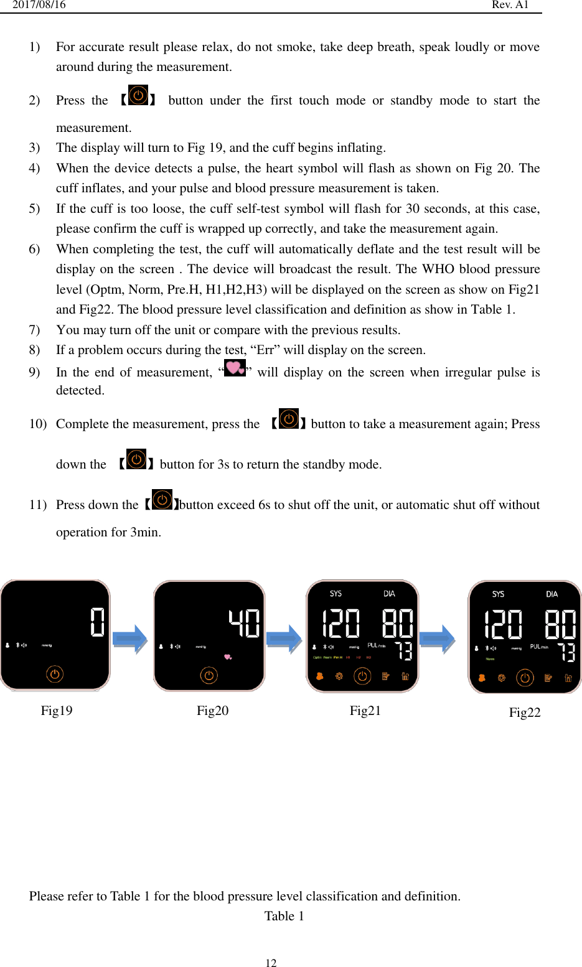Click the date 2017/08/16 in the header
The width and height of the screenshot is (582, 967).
39,5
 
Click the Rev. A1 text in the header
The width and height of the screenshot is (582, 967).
510,5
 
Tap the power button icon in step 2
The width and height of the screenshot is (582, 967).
138,96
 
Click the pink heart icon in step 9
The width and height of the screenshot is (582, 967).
235,368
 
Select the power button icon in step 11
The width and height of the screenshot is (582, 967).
162,500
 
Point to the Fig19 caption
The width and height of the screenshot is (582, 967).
57,711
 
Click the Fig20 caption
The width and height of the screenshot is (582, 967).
212,711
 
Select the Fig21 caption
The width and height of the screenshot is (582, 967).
365,711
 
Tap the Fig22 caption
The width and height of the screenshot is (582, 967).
524,712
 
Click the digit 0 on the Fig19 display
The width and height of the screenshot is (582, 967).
97,622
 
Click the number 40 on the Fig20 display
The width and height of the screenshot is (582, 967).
244,623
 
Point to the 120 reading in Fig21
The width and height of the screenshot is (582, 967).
340,624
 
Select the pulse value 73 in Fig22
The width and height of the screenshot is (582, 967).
566,652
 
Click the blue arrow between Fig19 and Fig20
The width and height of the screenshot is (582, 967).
130,638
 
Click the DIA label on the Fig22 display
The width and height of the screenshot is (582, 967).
551,594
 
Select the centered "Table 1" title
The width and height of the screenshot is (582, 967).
284,916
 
